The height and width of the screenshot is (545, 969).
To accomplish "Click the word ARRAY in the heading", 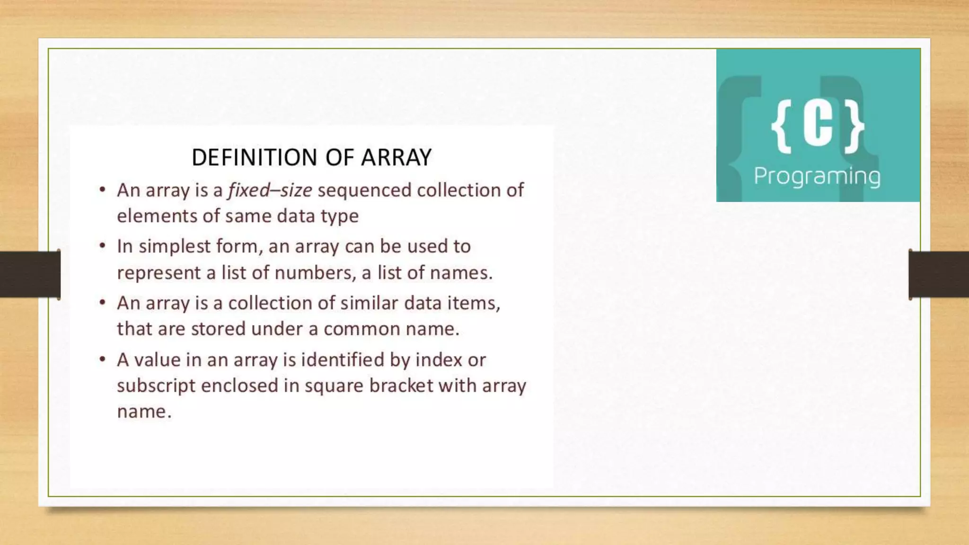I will coord(396,158).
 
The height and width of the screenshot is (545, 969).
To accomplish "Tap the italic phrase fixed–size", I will coord(270,190).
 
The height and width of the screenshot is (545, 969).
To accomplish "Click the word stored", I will coord(218,329).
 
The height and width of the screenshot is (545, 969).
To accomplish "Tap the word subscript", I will coord(156,386).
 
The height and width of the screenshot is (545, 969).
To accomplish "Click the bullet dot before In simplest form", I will coord(102,246).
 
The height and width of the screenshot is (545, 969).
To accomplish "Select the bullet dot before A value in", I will coord(102,360).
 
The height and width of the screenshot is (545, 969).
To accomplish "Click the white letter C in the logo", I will coord(818,125).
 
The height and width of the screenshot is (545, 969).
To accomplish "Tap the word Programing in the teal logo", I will coord(817,176).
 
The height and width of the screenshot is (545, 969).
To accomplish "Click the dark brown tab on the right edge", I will coord(939,274).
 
